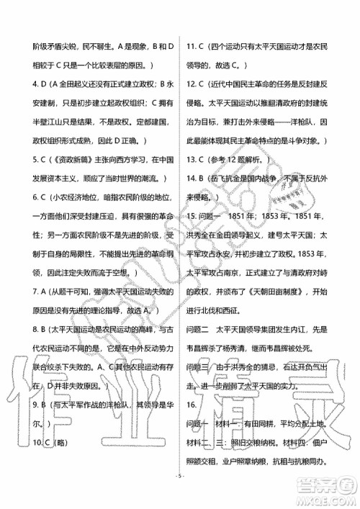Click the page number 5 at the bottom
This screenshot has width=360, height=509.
click(x=180, y=495)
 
